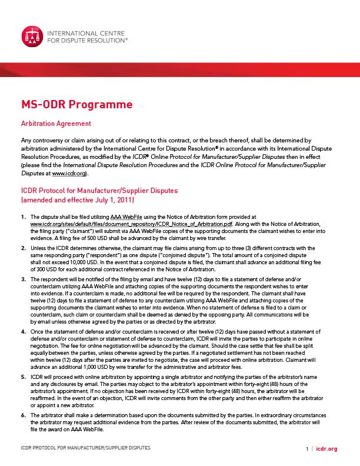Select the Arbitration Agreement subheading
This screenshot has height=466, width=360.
pyautogui.click(x=55, y=124)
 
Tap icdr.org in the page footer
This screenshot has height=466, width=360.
pyautogui.click(x=326, y=449)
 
